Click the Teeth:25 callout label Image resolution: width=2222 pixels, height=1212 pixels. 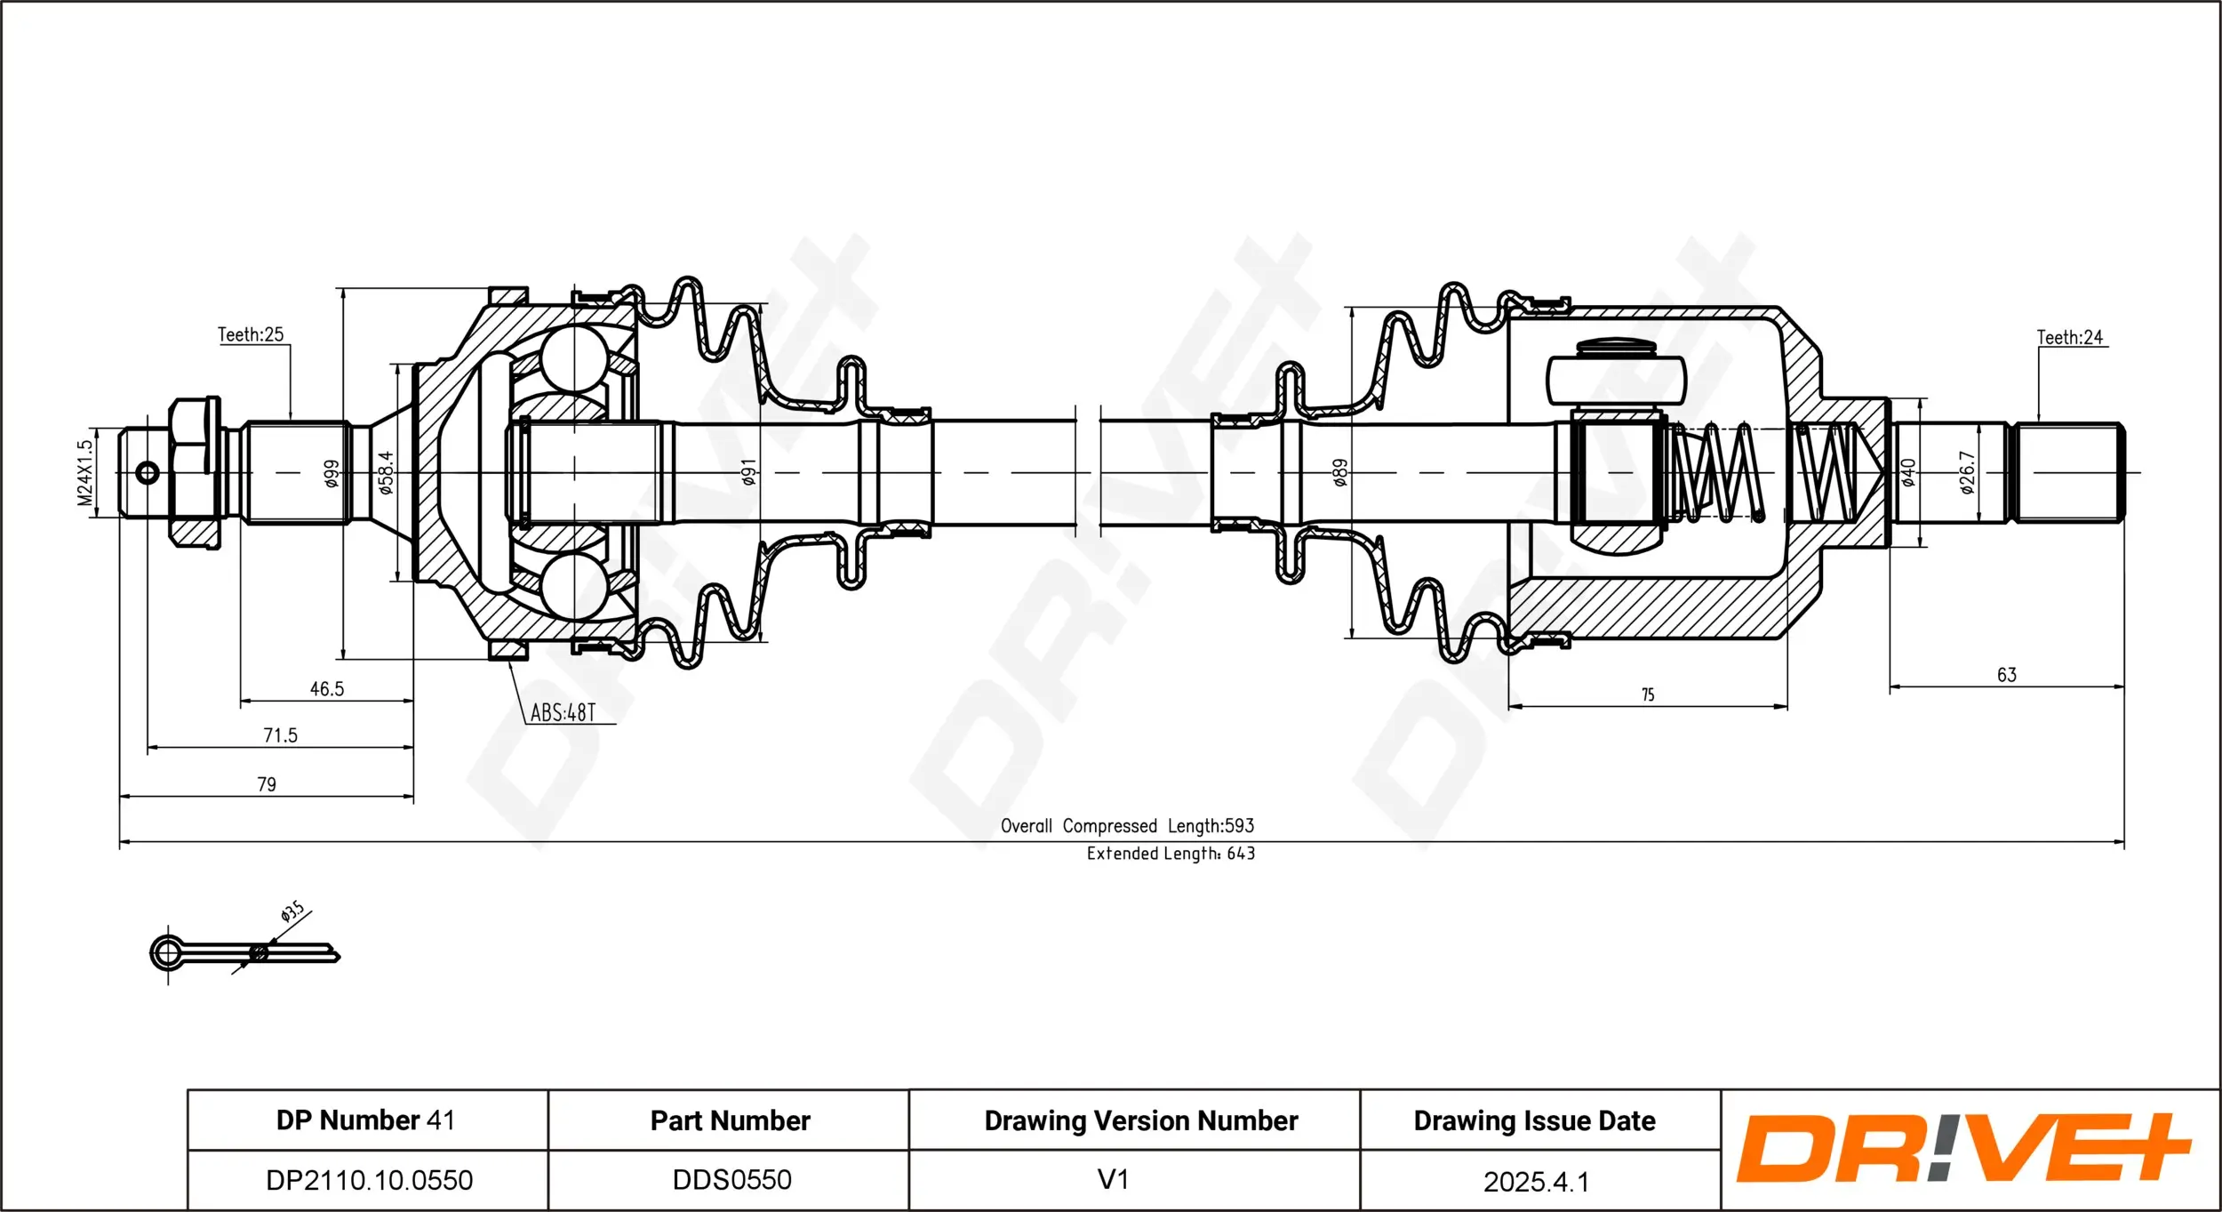click(x=251, y=334)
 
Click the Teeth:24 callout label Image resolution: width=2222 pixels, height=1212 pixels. click(x=2070, y=337)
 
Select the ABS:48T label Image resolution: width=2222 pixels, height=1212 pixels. click(x=563, y=712)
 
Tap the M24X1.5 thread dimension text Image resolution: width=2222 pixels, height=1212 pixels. click(x=84, y=472)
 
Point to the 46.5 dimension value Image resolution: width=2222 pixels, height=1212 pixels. click(x=326, y=688)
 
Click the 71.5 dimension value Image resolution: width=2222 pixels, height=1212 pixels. click(x=280, y=735)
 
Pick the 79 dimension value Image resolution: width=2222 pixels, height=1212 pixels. click(x=267, y=784)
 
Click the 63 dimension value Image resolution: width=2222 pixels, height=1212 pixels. click(x=2007, y=675)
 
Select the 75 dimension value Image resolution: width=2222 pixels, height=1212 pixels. click(x=1647, y=694)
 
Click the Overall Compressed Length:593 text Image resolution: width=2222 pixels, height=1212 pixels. click(x=1127, y=825)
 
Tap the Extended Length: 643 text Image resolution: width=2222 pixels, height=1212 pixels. click(x=1171, y=854)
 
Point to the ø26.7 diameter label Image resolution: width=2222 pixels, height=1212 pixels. click(x=1967, y=472)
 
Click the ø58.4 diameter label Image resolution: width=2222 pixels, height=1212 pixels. click(x=385, y=472)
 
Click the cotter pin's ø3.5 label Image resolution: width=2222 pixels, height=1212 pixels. click(x=292, y=911)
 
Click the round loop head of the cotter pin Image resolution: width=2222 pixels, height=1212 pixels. click(x=167, y=953)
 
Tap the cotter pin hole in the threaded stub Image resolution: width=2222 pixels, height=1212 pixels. click(x=148, y=472)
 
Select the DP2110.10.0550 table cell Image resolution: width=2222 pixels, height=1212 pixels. click(x=369, y=1180)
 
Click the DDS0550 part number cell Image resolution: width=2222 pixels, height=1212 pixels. click(x=731, y=1179)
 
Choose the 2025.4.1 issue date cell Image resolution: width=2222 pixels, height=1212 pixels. click(x=1535, y=1181)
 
